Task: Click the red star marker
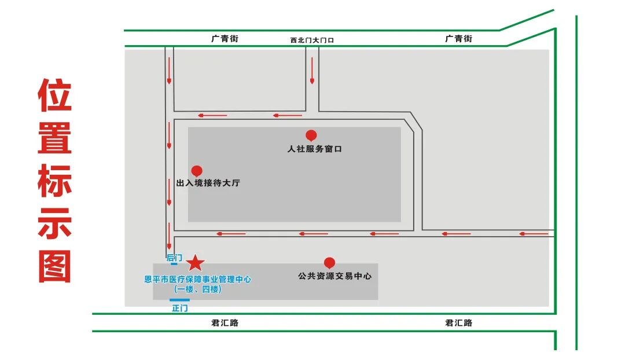coord(196,263)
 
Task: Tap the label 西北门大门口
coord(312,40)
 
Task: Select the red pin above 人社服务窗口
coord(311,135)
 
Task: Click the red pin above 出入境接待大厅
coord(197,171)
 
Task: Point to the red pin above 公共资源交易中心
coord(329,263)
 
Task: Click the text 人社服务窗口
coord(315,149)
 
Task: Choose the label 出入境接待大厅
coord(208,183)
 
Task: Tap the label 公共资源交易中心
coord(334,276)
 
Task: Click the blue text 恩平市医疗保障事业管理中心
coord(197,279)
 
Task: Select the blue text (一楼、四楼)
coord(197,289)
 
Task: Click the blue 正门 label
coord(180,308)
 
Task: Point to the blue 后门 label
coord(174,258)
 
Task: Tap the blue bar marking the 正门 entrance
coord(179,300)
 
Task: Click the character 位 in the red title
coord(55,95)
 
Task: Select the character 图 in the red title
coord(55,266)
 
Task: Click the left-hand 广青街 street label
coord(225,39)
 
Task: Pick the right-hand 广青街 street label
coord(458,39)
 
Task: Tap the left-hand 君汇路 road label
coord(225,322)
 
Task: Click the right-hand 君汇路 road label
coord(458,322)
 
